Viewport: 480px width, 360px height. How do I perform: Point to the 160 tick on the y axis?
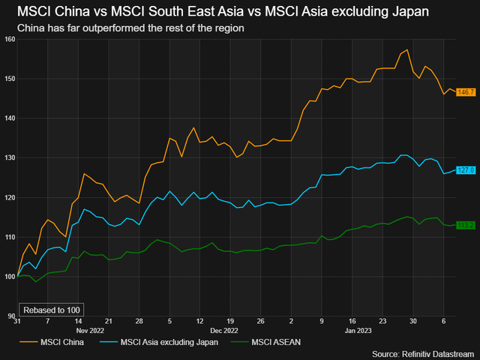coord(9,39)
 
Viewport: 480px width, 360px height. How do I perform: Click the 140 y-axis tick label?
coord(9,118)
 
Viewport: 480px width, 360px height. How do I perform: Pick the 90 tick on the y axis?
coord(10,316)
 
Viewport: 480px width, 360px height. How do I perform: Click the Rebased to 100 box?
coord(51,310)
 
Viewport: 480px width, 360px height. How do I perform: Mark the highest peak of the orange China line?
coord(406,50)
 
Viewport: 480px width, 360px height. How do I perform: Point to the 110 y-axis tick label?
coord(9,237)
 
